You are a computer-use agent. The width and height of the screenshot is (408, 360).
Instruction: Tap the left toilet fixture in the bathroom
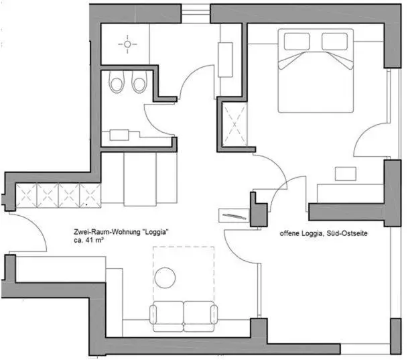(117, 84)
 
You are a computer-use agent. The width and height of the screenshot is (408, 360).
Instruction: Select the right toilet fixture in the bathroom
(139, 84)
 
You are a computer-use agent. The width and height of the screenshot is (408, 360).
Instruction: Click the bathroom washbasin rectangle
(120, 134)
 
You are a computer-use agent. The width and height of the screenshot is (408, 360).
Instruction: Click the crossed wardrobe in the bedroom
(234, 125)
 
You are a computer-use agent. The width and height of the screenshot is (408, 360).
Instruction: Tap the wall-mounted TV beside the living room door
(233, 215)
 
